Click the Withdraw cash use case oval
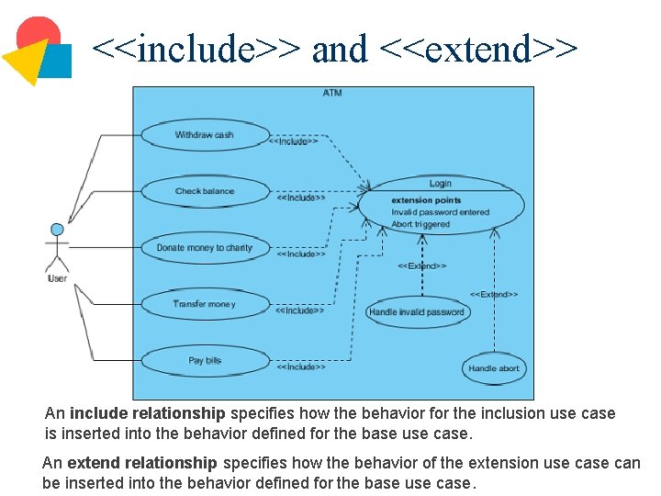click(x=205, y=135)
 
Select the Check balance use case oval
click(x=205, y=191)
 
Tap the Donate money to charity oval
click(x=205, y=248)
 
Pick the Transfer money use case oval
click(x=205, y=304)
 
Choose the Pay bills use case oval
click(x=205, y=360)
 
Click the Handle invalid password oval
click(x=417, y=312)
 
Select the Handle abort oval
click(x=494, y=368)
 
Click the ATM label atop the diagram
click(x=332, y=93)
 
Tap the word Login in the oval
click(x=441, y=184)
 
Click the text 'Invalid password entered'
click(x=441, y=212)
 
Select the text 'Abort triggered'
click(x=420, y=224)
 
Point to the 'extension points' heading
click(x=426, y=200)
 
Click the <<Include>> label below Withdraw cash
click(x=294, y=141)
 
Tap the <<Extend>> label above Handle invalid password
click(x=421, y=266)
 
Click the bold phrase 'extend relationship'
click(x=142, y=463)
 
